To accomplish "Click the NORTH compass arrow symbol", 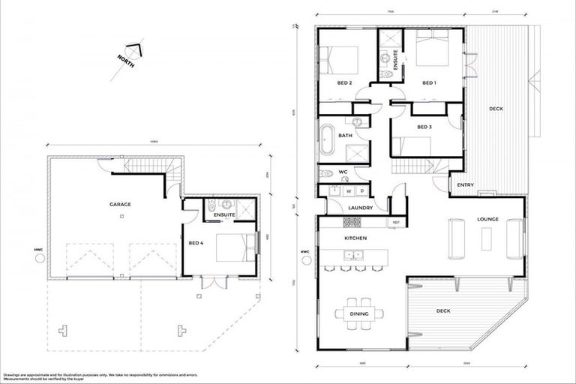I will tap(133, 49).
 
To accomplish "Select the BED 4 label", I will tap(195, 242).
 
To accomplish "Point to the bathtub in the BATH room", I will tap(327, 141).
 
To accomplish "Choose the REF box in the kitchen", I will tap(394, 223).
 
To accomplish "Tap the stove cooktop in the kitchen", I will tap(352, 223).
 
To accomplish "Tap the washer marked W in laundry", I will tap(349, 190).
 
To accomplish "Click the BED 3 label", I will tap(424, 127).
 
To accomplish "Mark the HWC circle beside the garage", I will tap(39, 258).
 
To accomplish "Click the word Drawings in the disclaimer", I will tap(14, 373).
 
